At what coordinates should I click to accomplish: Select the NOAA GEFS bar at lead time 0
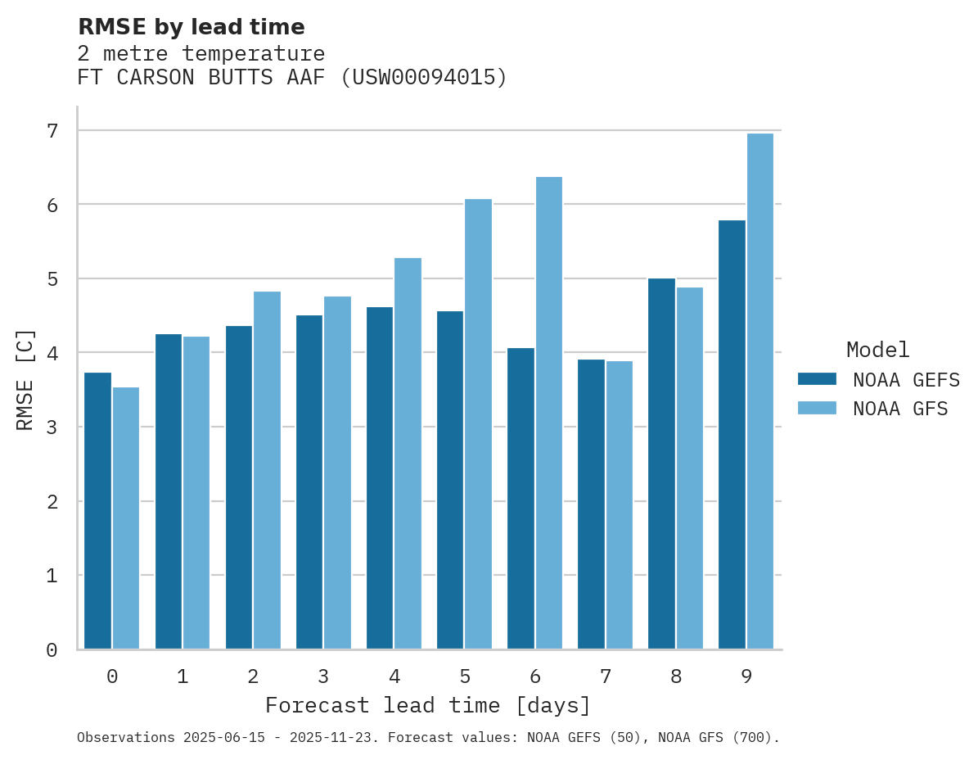[x=97, y=511]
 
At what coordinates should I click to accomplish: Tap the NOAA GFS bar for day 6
[x=549, y=413]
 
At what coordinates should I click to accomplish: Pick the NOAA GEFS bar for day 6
[x=521, y=499]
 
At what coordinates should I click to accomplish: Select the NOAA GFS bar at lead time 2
[x=268, y=470]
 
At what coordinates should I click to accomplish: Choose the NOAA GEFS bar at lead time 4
[x=380, y=478]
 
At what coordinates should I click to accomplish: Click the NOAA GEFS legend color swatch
[x=817, y=379]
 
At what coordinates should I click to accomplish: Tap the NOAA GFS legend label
[x=900, y=409]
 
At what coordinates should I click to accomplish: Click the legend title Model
[x=877, y=351]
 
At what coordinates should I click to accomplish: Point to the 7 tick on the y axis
[x=52, y=131]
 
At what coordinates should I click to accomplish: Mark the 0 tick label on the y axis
[x=52, y=650]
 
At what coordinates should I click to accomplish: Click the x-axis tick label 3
[x=323, y=676]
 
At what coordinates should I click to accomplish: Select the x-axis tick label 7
[x=605, y=676]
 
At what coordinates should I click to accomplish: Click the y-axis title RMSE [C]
[x=25, y=380]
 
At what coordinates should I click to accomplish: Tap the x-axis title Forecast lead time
[x=427, y=705]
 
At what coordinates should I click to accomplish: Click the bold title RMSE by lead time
[x=191, y=27]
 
